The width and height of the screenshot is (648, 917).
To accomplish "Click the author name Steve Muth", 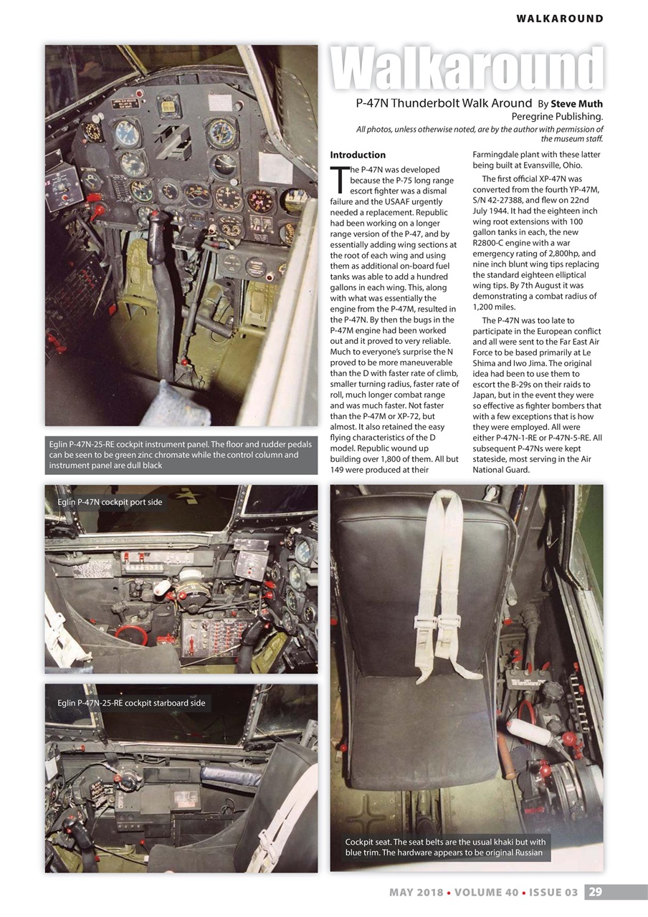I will (576, 104).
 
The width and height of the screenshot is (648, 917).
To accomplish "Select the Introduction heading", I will (358, 155).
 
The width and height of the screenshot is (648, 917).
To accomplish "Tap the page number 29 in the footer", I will (596, 892).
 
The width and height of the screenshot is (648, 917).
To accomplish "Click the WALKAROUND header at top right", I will (559, 19).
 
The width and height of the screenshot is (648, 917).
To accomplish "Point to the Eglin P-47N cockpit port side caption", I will (110, 502).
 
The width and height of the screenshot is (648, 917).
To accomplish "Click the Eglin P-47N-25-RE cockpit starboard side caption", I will (131, 703).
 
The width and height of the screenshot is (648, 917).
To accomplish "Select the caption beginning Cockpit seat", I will (445, 848).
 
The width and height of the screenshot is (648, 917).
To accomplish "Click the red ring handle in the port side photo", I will (132, 633).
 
